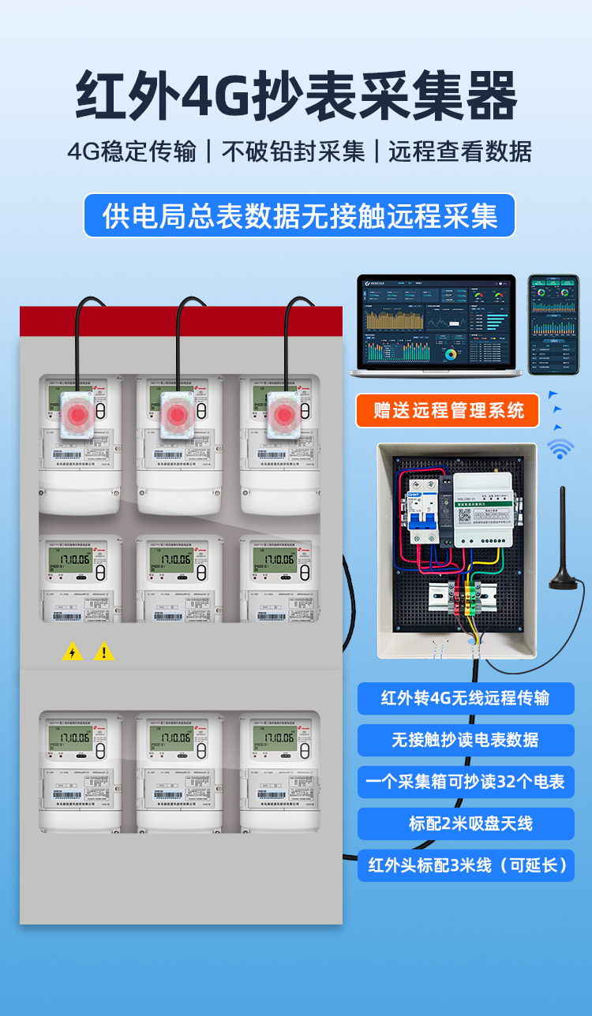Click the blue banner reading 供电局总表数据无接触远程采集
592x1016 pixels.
[299, 215]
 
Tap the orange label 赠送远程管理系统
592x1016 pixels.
[448, 410]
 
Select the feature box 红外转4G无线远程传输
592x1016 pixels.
[466, 698]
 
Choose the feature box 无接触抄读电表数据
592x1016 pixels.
[466, 740]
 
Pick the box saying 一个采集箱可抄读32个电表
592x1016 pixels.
[466, 782]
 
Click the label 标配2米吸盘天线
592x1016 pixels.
[466, 824]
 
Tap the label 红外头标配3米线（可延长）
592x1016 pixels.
[466, 865]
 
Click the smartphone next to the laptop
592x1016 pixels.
[553, 323]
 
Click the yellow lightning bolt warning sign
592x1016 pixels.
[73, 652]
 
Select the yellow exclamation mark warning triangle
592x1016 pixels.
[104, 652]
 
